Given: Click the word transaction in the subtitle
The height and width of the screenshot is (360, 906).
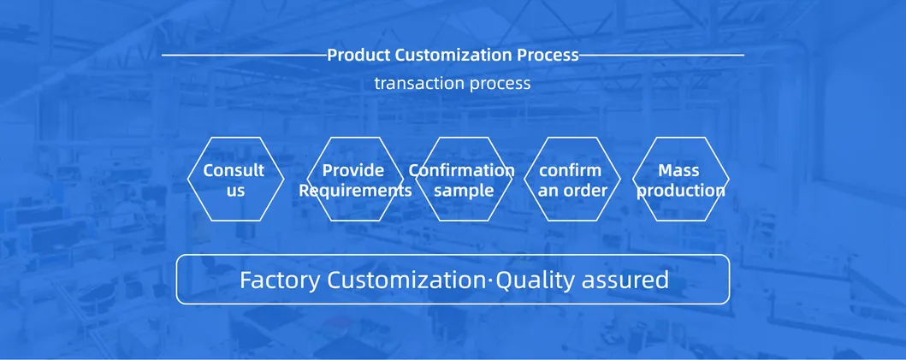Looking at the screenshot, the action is pos(419,83).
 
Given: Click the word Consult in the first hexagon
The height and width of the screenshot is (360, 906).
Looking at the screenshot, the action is pos(234,170).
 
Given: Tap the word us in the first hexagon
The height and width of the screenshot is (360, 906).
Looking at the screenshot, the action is pos(236,192).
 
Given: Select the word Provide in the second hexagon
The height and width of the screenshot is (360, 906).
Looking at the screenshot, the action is pos(353,170).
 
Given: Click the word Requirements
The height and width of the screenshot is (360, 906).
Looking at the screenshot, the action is pos(355,191).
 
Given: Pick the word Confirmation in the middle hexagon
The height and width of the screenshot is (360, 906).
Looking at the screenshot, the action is pos(462,170).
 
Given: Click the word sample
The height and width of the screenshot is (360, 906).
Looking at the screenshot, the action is pos(464,192).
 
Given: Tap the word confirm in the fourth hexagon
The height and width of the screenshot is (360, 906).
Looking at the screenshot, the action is pos(571,170).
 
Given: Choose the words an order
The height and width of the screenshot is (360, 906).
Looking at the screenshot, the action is pos(572,191).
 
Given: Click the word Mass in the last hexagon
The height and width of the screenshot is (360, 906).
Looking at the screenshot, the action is pos(679,170).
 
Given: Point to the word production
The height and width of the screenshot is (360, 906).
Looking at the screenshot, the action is pos(681,192).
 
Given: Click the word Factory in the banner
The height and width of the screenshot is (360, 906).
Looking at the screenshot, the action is pos(280,280).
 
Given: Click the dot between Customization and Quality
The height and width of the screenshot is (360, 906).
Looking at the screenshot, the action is pos(491,280).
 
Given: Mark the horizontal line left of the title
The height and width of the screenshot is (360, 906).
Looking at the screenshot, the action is pos(245,56).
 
